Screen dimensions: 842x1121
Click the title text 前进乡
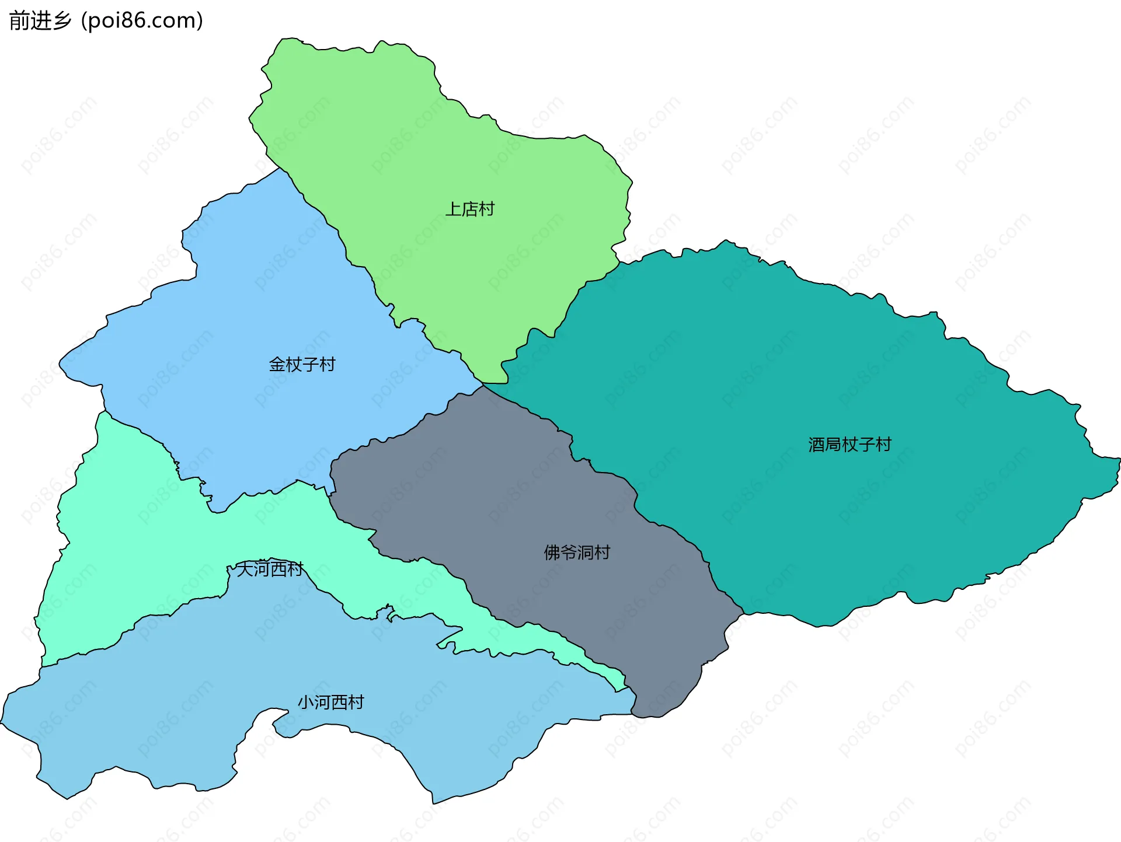[40, 21]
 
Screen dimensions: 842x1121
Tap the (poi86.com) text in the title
[142, 21]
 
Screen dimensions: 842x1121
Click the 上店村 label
[469, 209]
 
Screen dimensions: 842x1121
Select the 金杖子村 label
[302, 365]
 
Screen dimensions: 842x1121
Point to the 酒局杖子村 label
[850, 445]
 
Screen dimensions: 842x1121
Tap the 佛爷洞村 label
[577, 552]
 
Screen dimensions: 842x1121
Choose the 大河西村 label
[270, 569]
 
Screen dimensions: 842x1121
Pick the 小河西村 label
[330, 702]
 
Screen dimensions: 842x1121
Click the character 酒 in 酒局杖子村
[816, 445]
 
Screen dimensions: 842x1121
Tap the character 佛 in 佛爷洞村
[552, 552]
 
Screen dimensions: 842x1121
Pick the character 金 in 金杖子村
[277, 365]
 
